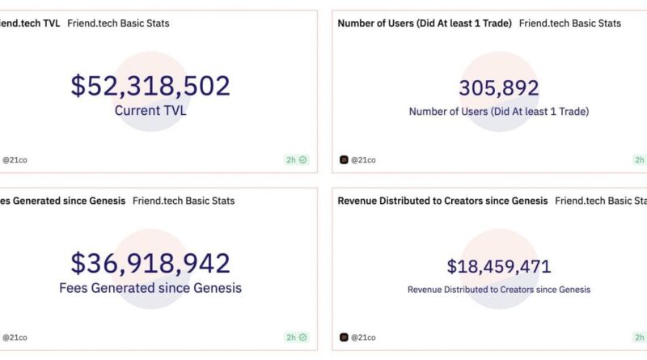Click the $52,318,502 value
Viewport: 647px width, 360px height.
[150, 86]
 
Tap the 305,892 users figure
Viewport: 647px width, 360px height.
[499, 88]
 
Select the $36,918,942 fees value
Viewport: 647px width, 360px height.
[150, 263]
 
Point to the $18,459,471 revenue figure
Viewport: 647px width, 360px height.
[499, 266]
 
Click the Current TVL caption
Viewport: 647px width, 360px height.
[150, 111]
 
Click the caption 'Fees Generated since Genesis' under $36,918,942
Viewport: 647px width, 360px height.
[150, 287]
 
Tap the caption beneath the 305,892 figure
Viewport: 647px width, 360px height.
[499, 112]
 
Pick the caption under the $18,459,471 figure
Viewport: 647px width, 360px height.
[499, 289]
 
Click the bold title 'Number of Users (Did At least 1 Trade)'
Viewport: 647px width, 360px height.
[425, 23]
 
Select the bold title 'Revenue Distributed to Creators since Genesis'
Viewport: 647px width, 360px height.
[442, 200]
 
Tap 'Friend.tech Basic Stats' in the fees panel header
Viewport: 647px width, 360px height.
[184, 200]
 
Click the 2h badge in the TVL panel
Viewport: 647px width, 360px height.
[296, 159]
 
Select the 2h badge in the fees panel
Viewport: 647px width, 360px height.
[296, 337]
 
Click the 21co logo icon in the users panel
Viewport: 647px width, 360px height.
[344, 159]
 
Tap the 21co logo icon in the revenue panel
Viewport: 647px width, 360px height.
[344, 337]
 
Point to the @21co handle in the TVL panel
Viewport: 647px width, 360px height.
[15, 159]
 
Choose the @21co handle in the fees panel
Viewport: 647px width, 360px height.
[15, 337]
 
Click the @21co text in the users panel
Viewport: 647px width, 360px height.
[364, 159]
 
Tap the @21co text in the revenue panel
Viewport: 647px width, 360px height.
[364, 337]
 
